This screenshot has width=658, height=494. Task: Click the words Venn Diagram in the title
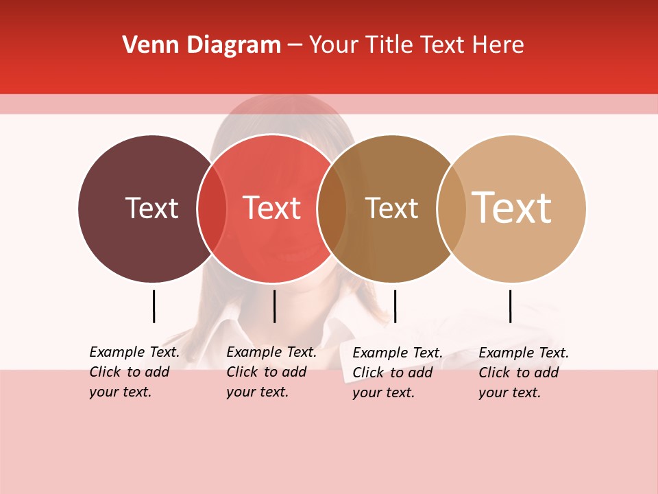pos(201,45)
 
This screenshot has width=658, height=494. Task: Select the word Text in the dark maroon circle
pos(151,208)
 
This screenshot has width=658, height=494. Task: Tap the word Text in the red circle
pos(272,208)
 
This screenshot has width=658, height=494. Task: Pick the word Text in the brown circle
pos(391,208)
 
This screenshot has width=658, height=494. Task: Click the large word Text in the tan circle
pos(512,207)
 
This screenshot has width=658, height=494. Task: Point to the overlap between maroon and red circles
pos(212,209)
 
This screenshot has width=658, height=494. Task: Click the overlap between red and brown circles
pos(332,209)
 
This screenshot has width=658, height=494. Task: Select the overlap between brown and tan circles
pos(452,209)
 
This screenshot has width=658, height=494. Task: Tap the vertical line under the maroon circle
pos(154,306)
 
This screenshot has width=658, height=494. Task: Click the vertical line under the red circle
pos(274,306)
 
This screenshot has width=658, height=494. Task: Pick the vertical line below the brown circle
pos(395,306)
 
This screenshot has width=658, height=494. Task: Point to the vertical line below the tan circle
pos(510,306)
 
